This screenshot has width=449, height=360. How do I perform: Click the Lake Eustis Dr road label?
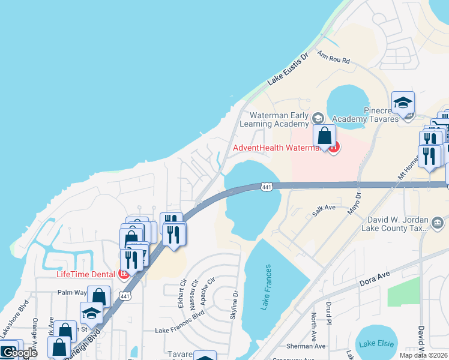288,71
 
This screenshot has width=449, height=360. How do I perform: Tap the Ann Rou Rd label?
333,58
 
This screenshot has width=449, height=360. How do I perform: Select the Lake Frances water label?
266,287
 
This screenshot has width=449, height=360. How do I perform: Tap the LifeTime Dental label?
85,275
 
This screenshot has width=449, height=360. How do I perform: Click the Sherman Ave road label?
306,346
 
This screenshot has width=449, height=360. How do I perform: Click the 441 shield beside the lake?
268,187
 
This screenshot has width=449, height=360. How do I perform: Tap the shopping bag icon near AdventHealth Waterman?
324,137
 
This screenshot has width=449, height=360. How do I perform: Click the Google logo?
19,353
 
